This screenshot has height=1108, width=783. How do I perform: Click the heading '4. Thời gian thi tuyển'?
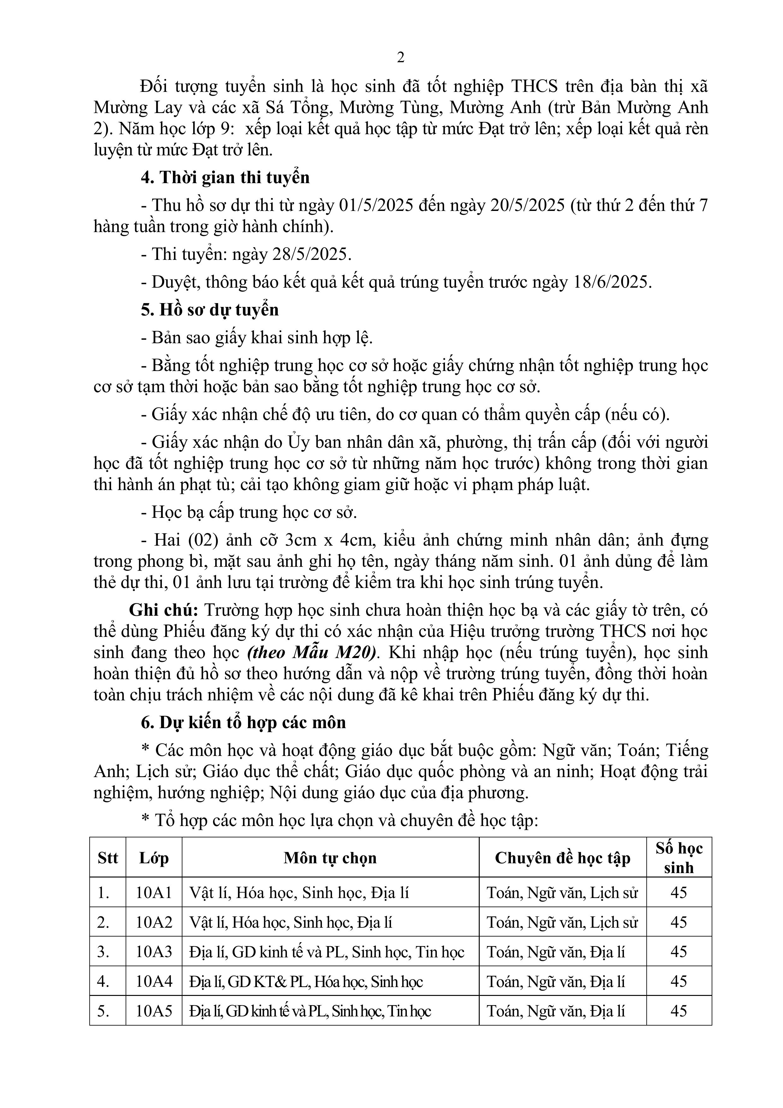click(225, 177)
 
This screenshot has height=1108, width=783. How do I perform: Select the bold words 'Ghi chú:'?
click(163, 610)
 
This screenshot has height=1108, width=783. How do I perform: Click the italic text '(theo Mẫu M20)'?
click(312, 652)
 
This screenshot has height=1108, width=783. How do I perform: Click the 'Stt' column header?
click(108, 858)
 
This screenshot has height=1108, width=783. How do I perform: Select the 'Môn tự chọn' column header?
click(330, 858)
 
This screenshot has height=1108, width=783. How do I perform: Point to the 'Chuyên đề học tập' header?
click(562, 858)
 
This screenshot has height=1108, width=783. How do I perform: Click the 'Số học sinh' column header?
click(679, 858)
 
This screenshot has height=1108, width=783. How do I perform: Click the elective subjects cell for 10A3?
click(327, 952)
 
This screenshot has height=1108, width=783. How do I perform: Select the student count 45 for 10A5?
click(679, 1010)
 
